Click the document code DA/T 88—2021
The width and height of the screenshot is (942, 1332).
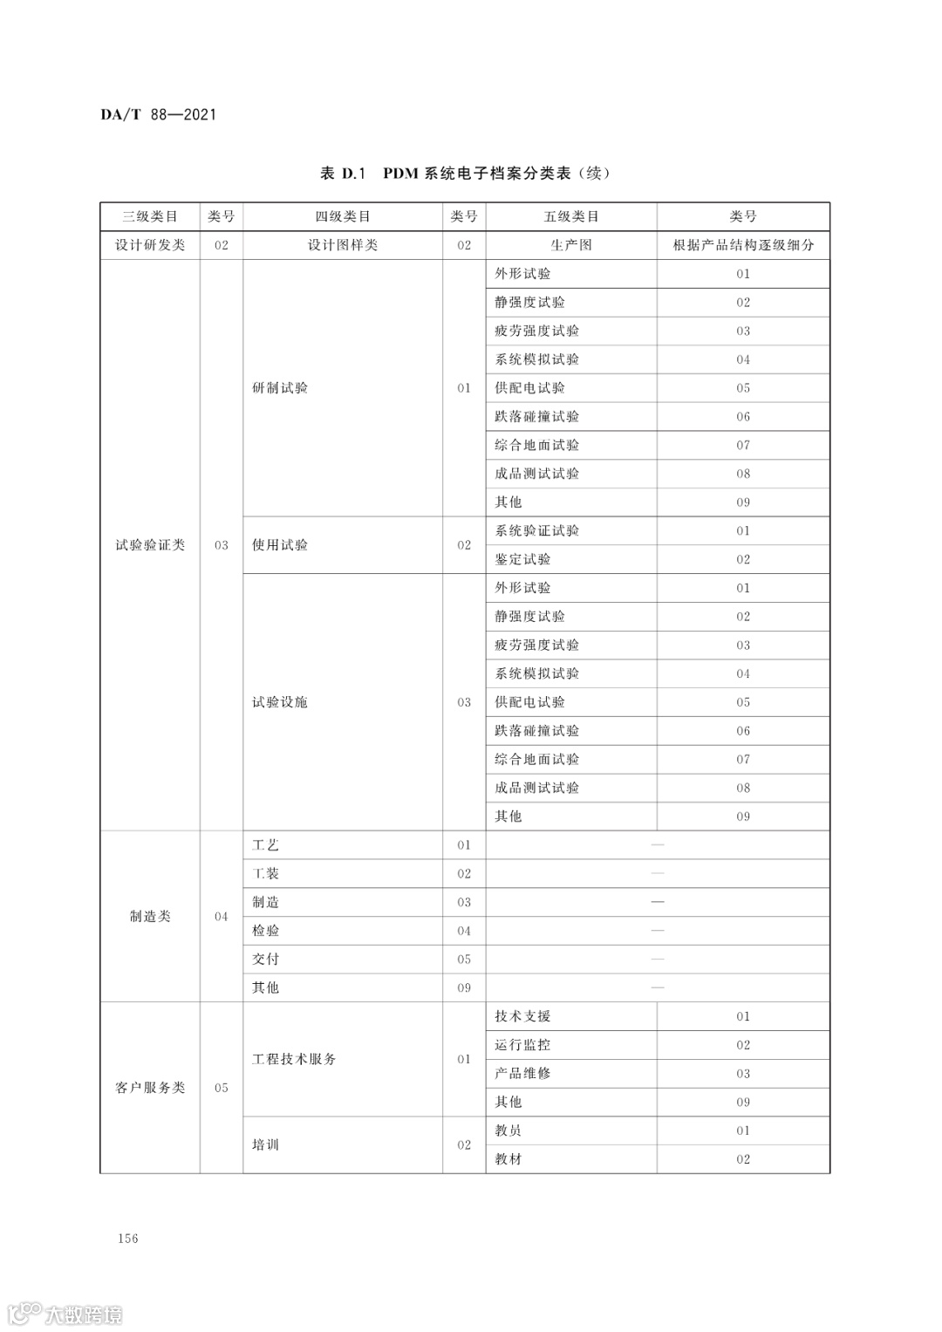click(x=158, y=114)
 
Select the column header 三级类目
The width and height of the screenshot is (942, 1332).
click(x=150, y=216)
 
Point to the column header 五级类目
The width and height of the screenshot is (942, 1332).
click(x=570, y=216)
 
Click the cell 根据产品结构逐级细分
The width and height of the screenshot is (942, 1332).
click(x=743, y=245)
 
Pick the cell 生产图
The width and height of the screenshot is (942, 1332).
click(x=570, y=245)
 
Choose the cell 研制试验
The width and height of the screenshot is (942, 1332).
click(x=280, y=388)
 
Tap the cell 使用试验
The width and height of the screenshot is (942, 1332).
click(x=280, y=545)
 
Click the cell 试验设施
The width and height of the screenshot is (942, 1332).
click(x=280, y=702)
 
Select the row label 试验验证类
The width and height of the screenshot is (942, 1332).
click(x=150, y=545)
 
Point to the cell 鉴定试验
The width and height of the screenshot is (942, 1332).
click(x=522, y=559)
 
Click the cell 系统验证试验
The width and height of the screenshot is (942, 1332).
click(x=536, y=530)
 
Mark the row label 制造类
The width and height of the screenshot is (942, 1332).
click(x=150, y=917)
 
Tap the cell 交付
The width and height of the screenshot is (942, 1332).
click(x=266, y=960)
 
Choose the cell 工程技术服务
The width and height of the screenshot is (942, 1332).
click(x=294, y=1059)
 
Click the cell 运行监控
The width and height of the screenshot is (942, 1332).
click(x=522, y=1045)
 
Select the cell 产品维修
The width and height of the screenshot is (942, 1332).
click(x=522, y=1074)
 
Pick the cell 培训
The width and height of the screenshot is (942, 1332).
click(x=266, y=1144)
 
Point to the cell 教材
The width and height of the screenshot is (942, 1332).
click(x=509, y=1159)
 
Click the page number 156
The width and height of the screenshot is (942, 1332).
click(x=128, y=1239)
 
